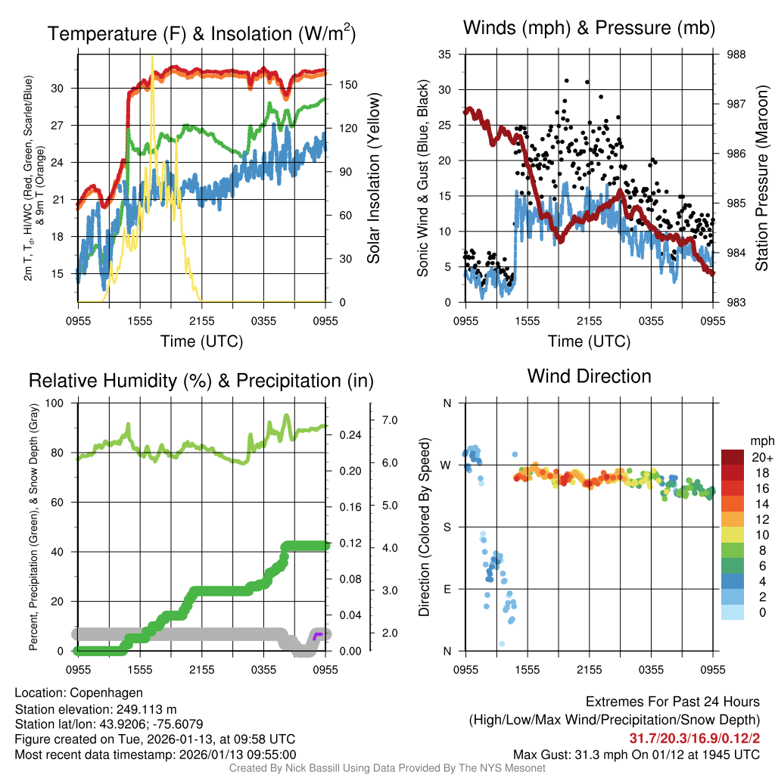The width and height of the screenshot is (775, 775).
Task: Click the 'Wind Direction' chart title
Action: tap(589, 375)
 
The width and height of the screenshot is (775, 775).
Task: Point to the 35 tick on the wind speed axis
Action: tap(445, 54)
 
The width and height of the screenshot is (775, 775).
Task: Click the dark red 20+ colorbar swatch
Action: tap(733, 457)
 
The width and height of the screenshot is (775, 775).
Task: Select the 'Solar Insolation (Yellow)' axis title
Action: tap(373, 178)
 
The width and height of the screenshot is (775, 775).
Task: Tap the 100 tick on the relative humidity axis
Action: tap(61, 403)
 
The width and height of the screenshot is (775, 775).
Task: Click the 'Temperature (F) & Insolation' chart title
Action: tap(201, 33)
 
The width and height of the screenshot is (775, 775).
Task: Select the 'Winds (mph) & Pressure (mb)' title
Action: tap(589, 29)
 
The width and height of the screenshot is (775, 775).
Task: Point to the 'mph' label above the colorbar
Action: tap(761, 440)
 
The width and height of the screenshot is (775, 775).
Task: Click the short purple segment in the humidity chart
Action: tap(317, 634)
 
